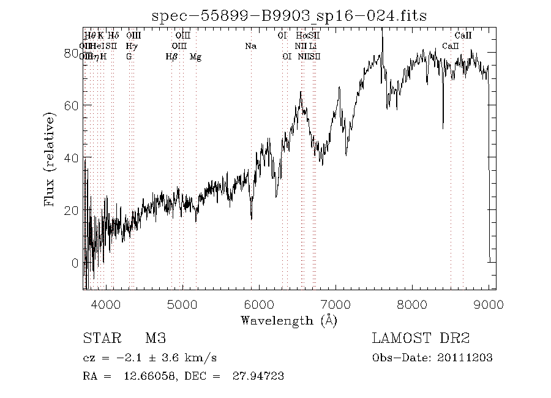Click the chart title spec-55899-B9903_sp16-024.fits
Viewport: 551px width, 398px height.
coord(289,14)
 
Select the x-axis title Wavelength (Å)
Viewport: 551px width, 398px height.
coord(289,320)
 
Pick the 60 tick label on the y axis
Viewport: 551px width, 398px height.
coord(72,105)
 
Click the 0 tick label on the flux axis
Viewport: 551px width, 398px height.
coord(75,263)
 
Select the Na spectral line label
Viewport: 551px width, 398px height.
coord(250,46)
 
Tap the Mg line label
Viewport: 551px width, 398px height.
coord(195,57)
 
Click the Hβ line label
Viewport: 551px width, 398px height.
coord(171,57)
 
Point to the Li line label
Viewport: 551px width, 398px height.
coord(313,46)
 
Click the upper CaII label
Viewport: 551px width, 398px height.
coord(463,36)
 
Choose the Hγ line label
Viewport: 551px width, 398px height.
coord(131,46)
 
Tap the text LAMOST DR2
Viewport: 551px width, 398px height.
coord(421,339)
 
